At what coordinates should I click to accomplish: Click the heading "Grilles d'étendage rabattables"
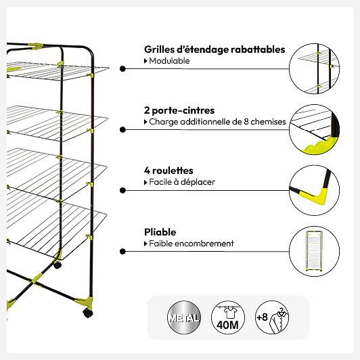click(x=215, y=49)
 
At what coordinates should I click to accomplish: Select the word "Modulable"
click(x=169, y=61)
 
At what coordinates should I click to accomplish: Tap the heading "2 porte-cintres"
click(x=179, y=110)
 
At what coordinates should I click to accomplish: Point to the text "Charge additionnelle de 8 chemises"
click(x=217, y=122)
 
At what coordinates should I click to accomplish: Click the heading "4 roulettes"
click(x=168, y=171)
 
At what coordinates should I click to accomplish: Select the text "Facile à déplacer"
click(x=182, y=182)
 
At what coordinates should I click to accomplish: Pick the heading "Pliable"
click(x=160, y=232)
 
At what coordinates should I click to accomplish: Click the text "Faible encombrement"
click(x=192, y=244)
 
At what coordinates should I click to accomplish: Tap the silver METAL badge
click(x=183, y=317)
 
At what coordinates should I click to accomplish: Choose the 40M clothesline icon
click(x=228, y=317)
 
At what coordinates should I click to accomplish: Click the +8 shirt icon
click(x=272, y=317)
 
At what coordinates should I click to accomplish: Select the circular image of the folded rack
click(x=314, y=251)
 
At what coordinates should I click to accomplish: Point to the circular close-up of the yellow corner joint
click(x=314, y=190)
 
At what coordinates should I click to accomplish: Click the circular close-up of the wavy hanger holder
click(x=314, y=129)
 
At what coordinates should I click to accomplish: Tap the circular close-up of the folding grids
click(x=314, y=68)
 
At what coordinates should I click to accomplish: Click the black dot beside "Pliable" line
click(x=122, y=252)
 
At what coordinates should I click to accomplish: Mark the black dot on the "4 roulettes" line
click(x=122, y=190)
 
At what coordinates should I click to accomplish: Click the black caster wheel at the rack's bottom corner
click(x=88, y=313)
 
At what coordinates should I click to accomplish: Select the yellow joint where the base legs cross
click(x=37, y=279)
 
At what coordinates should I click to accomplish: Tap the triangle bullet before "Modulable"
click(x=145, y=61)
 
